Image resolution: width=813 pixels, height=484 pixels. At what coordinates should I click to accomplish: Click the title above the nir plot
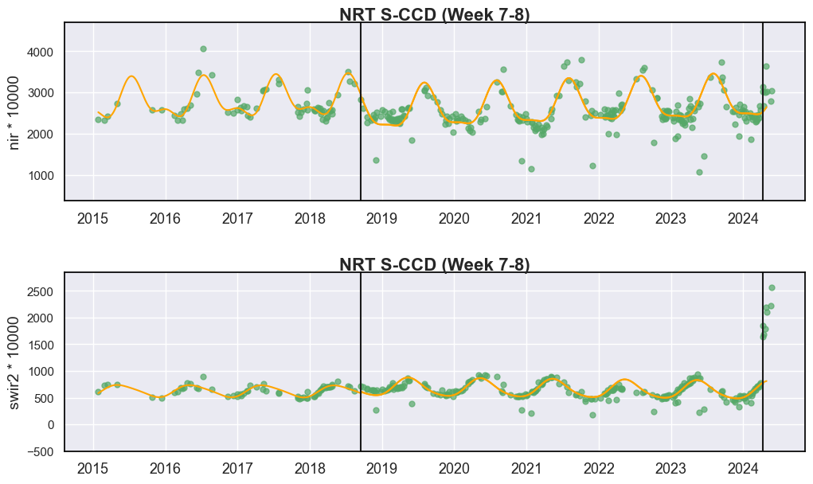point(435,14)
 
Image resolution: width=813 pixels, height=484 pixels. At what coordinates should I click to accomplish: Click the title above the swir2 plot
point(435,264)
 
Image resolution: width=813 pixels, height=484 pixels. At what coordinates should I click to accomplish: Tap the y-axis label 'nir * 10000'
point(14,113)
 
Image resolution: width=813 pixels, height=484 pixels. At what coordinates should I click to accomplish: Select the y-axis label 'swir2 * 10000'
point(14,363)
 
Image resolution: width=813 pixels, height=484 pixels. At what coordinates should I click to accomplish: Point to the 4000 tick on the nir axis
point(40,53)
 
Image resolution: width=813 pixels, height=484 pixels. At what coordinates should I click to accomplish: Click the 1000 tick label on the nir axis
point(40,176)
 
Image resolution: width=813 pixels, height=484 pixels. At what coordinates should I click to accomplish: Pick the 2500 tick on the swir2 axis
point(40,291)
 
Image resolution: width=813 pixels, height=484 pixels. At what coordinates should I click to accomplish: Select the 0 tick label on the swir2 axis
point(50,425)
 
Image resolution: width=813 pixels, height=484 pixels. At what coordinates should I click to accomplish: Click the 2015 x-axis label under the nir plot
point(93,219)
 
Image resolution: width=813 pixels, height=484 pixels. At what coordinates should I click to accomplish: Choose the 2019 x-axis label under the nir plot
point(381,219)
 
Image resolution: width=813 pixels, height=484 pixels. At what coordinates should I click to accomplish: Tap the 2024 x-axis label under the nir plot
point(743,219)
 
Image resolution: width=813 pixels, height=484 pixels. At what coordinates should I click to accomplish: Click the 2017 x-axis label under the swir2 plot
point(237,468)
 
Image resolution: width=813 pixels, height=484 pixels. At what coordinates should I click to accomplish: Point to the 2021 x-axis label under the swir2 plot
point(526,468)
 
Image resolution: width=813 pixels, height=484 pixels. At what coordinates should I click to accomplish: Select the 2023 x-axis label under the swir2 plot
point(670,468)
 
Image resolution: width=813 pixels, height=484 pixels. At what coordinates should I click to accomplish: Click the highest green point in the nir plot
point(203,49)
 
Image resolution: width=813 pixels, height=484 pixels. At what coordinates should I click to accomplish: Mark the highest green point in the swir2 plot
point(772,287)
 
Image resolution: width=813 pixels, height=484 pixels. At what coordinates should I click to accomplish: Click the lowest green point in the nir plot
point(699,172)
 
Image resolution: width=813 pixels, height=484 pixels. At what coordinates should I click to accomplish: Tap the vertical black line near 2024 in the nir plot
point(763,111)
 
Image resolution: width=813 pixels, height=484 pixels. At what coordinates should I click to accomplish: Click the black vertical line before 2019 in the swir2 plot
point(361,361)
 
